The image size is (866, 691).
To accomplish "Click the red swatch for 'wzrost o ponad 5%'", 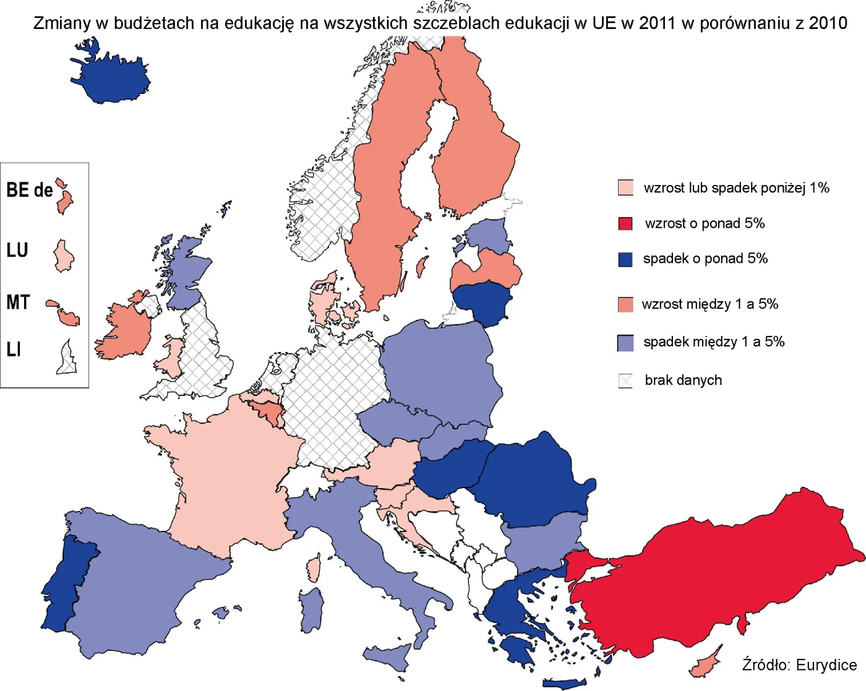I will [x=625, y=223].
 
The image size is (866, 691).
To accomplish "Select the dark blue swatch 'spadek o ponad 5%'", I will [x=625, y=259].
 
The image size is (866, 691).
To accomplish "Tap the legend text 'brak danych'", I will [x=683, y=380].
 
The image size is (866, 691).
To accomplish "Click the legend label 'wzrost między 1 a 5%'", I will [x=710, y=304].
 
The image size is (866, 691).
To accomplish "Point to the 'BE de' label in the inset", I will [x=29, y=190].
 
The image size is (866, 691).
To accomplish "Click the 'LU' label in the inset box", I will [x=17, y=251].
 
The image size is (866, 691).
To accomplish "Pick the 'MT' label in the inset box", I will [x=18, y=303].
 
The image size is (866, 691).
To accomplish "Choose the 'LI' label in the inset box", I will [x=14, y=350].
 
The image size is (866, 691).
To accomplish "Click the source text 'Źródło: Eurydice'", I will [x=799, y=665].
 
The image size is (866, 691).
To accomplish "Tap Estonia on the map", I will [x=487, y=235].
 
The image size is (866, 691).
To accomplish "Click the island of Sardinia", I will [x=312, y=609].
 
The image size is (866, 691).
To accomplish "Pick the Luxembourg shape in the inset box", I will [x=63, y=256].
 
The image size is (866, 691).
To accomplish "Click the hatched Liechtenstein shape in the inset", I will [x=67, y=359].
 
